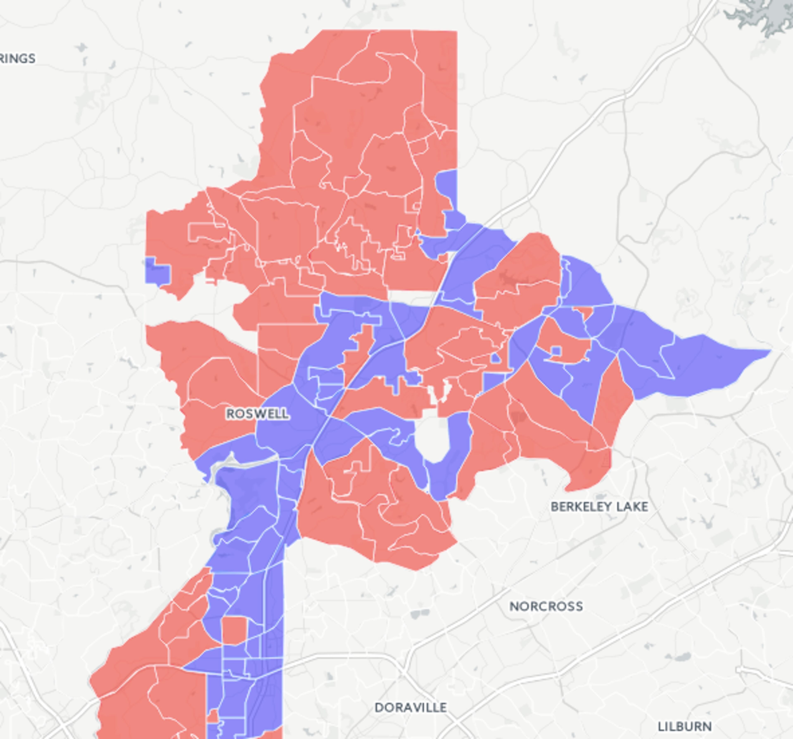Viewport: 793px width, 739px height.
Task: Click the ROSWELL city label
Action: tap(257, 414)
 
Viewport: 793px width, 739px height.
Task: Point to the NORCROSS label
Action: tap(546, 606)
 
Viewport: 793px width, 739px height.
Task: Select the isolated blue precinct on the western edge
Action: tap(157, 271)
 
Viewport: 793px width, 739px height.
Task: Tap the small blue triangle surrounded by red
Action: tap(496, 358)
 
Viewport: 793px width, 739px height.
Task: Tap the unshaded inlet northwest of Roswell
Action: tap(215, 303)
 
